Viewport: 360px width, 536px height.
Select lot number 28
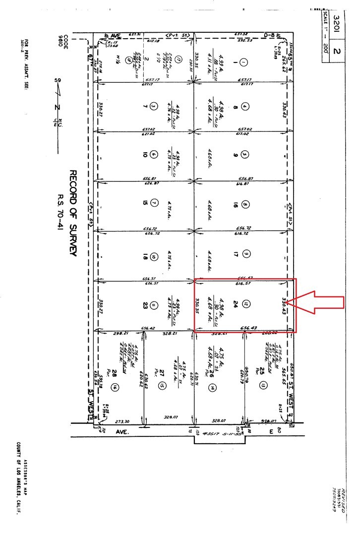(114, 372)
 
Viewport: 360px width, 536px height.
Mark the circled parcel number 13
(263, 385)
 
